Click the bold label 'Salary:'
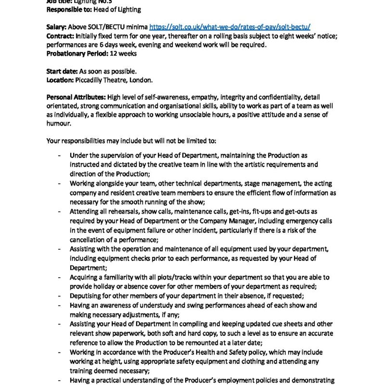(57, 27)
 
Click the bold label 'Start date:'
(62, 71)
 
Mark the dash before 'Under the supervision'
(59, 156)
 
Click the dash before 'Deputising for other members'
(59, 296)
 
